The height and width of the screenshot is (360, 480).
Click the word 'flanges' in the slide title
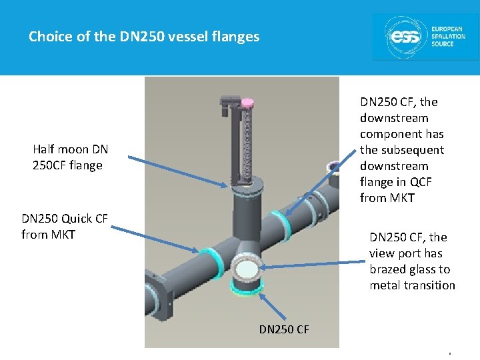tap(236, 37)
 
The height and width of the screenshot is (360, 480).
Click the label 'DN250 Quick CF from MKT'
tap(65, 226)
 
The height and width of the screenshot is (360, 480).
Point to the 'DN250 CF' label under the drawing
tap(284, 329)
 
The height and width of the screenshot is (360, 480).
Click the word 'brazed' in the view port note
tap(388, 269)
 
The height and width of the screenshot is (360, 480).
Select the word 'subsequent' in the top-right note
tap(402, 150)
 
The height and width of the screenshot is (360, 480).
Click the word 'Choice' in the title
tap(51, 37)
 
